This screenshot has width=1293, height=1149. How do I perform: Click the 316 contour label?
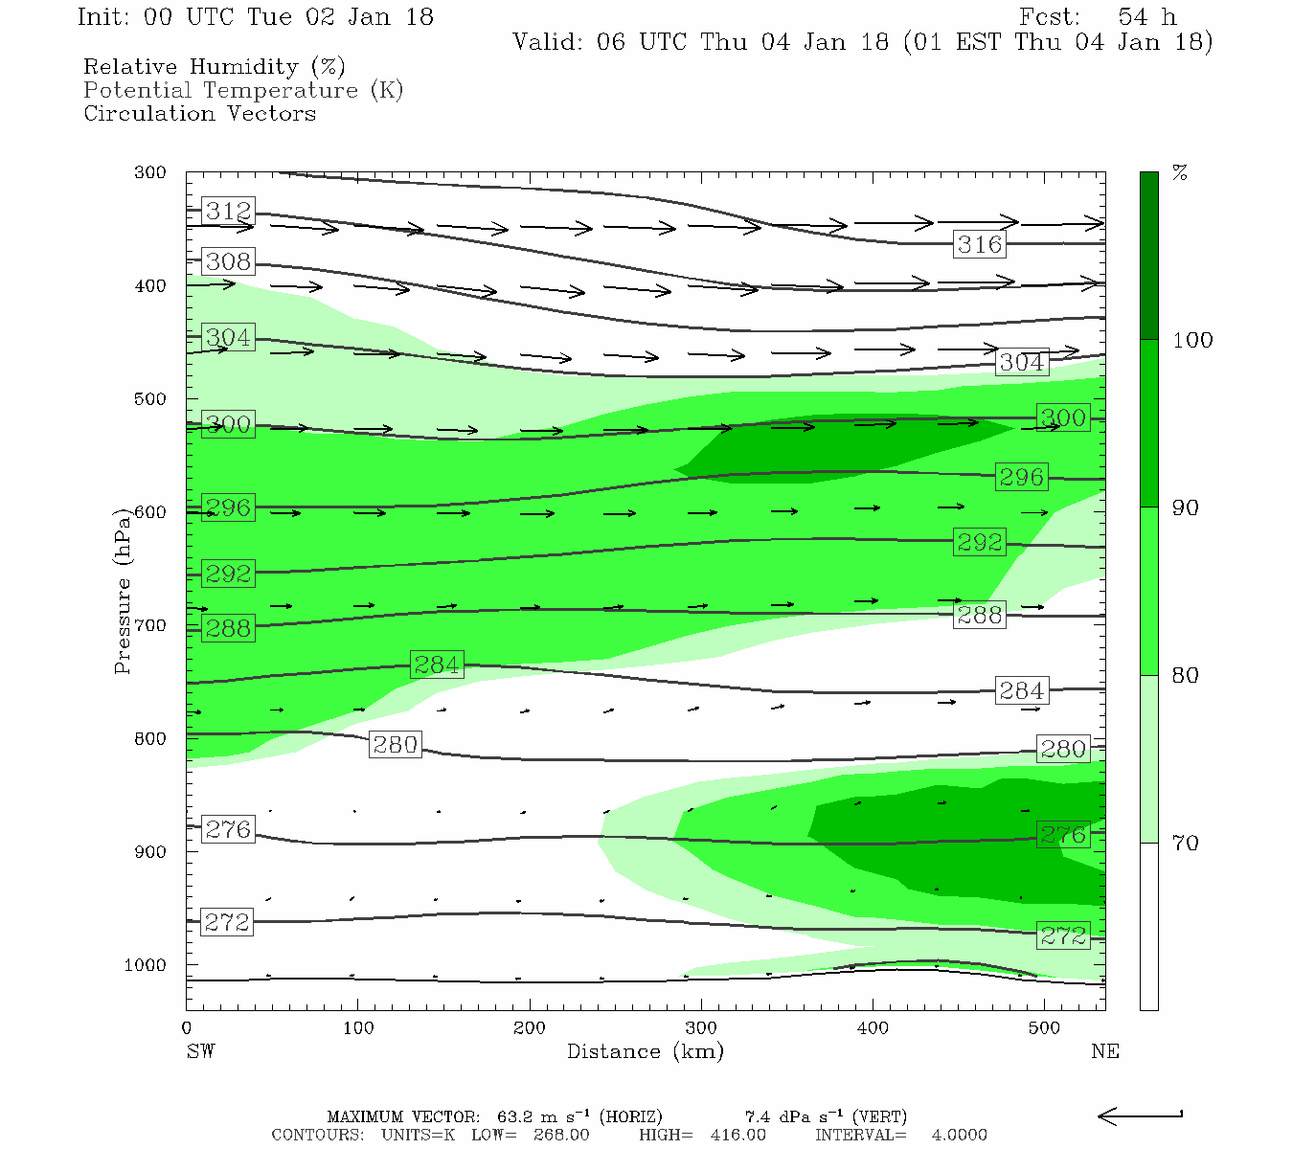(980, 244)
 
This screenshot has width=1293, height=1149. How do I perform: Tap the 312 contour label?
(228, 211)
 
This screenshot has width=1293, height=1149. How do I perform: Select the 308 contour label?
(228, 261)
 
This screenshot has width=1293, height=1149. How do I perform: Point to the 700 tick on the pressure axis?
(150, 625)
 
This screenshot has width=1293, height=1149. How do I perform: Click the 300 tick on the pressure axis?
(150, 172)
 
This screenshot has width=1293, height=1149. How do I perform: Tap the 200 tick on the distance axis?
(530, 1028)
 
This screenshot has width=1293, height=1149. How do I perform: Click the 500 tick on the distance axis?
(1044, 1028)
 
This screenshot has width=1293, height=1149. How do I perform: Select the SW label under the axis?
(200, 1051)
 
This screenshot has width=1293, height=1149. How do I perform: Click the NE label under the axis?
(1104, 1051)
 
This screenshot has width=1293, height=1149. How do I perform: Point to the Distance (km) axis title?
(646, 1051)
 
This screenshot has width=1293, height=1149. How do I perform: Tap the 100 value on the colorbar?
(1192, 340)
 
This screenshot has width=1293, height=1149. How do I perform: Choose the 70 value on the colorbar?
(1186, 843)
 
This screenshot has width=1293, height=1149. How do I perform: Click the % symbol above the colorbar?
(1181, 173)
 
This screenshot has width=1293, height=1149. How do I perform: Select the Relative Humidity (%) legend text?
(214, 67)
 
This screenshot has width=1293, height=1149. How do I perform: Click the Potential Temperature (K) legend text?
(243, 90)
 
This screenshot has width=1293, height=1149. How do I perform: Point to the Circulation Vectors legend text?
(199, 113)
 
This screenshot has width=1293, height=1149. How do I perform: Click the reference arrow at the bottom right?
(1140, 1115)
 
